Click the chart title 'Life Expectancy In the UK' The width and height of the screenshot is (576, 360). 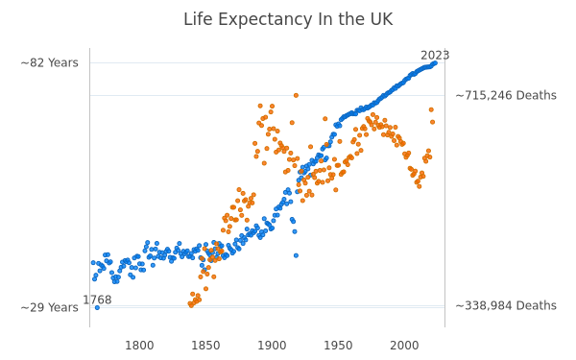[288, 19]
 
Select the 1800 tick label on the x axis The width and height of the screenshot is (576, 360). [139, 346]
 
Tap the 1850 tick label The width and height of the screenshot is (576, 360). [205, 346]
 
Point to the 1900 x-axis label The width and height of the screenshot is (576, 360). [272, 346]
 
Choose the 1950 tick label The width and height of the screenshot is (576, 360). [338, 346]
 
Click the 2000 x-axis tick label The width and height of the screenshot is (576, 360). [404, 346]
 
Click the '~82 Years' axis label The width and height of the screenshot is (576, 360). [50, 62]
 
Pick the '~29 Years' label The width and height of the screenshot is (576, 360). [50, 307]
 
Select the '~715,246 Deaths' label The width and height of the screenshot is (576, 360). [506, 95]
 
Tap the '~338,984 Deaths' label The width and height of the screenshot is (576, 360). [506, 305]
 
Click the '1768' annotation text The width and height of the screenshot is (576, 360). [97, 300]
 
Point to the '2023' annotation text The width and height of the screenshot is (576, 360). [435, 56]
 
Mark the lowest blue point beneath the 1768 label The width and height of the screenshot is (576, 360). [97, 308]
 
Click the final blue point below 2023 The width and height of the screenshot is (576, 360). [435, 63]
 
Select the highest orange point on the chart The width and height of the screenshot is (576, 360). [296, 95]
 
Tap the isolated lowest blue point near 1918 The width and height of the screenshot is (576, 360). [296, 255]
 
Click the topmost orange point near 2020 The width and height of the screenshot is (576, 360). [431, 109]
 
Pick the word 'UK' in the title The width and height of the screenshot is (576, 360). [382, 19]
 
